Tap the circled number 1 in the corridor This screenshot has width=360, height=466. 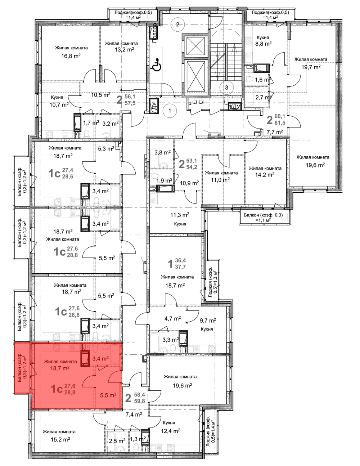[170, 111]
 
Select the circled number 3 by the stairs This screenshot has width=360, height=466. [226, 88]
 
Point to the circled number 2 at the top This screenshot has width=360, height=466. [177, 24]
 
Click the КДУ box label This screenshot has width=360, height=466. [235, 107]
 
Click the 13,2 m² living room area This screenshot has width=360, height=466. [124, 50]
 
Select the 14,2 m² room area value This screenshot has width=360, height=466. [265, 175]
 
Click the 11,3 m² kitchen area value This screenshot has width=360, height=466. [180, 215]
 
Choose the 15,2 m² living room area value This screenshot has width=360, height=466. [60, 440]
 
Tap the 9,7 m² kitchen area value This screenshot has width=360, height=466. [208, 321]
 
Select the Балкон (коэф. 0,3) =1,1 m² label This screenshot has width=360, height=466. [263, 217]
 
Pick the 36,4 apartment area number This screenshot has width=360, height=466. [180, 261]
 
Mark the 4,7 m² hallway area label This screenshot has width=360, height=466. [173, 318]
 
